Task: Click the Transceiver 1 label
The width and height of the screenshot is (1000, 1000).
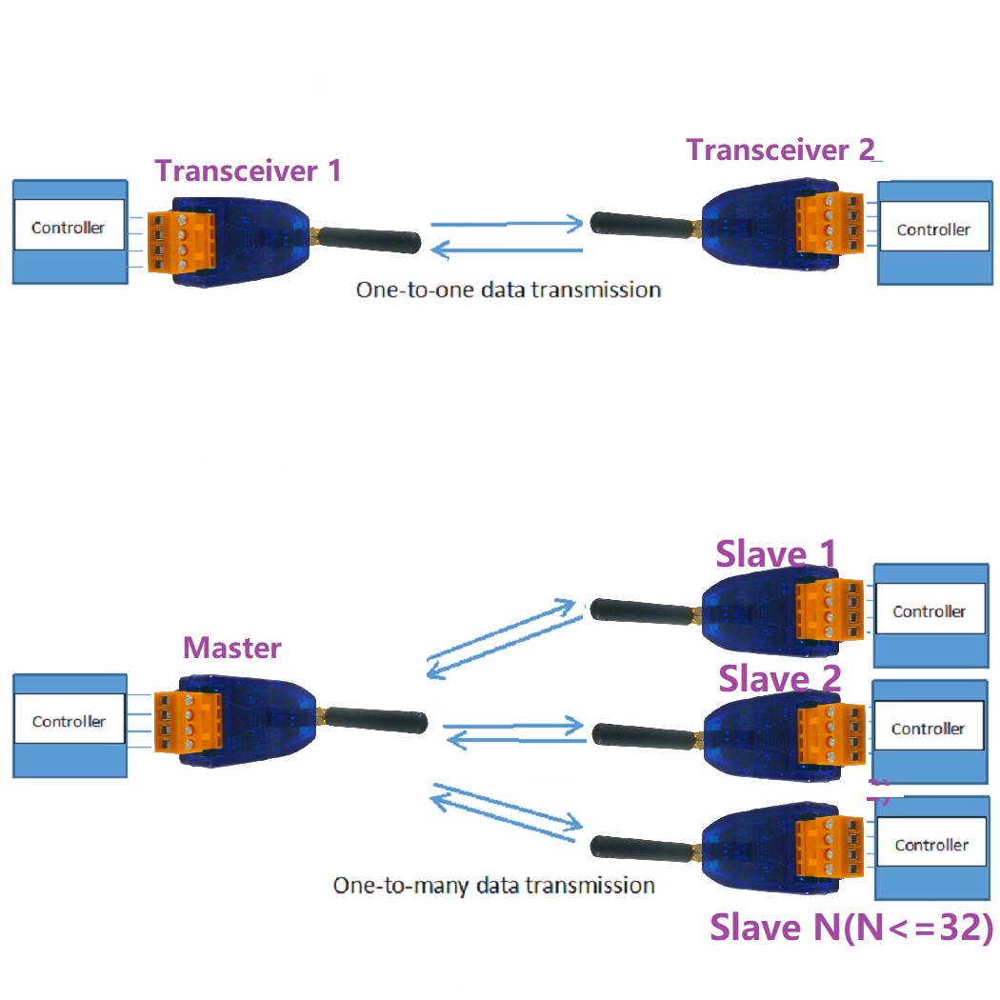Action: click(248, 171)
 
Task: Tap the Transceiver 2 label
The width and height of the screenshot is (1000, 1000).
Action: click(781, 150)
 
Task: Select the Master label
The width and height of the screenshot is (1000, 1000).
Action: click(232, 649)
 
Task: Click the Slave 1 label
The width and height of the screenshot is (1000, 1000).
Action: click(776, 553)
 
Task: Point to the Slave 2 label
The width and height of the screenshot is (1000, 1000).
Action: click(780, 679)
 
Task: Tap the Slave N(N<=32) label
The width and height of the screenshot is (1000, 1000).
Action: click(851, 928)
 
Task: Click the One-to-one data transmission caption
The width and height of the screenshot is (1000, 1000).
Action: click(509, 290)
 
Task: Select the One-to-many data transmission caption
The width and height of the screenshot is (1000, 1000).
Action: click(493, 886)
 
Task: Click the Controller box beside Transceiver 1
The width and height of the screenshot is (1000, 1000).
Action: click(69, 229)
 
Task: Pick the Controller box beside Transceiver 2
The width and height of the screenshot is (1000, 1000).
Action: click(933, 230)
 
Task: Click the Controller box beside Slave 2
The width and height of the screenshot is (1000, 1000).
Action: click(928, 730)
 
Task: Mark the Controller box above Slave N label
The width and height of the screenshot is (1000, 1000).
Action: click(931, 846)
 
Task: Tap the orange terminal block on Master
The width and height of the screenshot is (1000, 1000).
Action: click(193, 728)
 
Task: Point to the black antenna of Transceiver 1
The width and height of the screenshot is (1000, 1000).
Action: click(370, 238)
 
